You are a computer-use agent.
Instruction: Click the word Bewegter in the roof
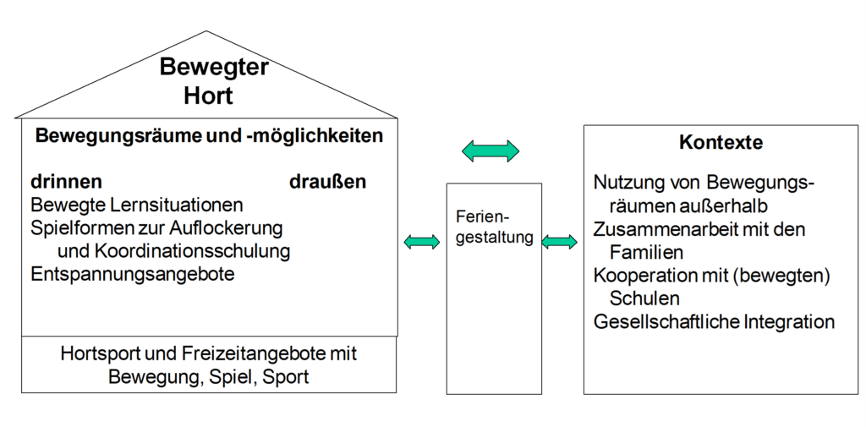(x=214, y=67)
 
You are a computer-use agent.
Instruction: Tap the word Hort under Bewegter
(x=208, y=95)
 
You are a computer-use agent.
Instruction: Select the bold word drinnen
(x=66, y=182)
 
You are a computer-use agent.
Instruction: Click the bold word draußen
(x=327, y=182)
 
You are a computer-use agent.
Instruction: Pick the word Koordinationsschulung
(x=193, y=251)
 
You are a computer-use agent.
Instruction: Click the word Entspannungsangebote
(x=133, y=274)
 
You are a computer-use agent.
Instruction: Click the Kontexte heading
(x=721, y=142)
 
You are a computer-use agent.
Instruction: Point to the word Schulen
(x=644, y=298)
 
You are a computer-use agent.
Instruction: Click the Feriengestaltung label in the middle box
(x=494, y=227)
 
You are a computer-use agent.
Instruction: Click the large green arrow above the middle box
(x=491, y=151)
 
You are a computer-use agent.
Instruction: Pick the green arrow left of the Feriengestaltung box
(x=422, y=241)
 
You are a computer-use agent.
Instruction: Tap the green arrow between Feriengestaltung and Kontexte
(x=559, y=241)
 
